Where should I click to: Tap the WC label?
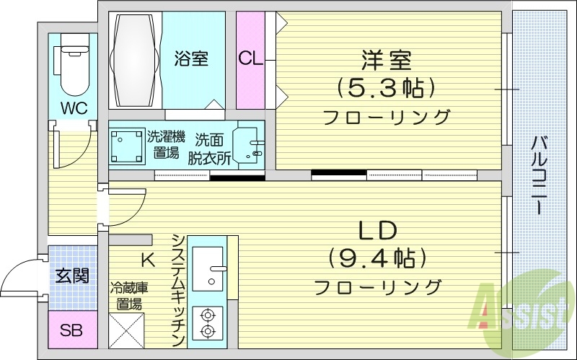tap(73, 109)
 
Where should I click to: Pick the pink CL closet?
tap(250, 60)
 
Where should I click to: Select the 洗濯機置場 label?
tap(166, 144)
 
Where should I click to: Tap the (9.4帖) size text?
tap(377, 258)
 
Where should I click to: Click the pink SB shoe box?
tap(71, 330)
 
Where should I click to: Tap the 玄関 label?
tap(71, 276)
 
